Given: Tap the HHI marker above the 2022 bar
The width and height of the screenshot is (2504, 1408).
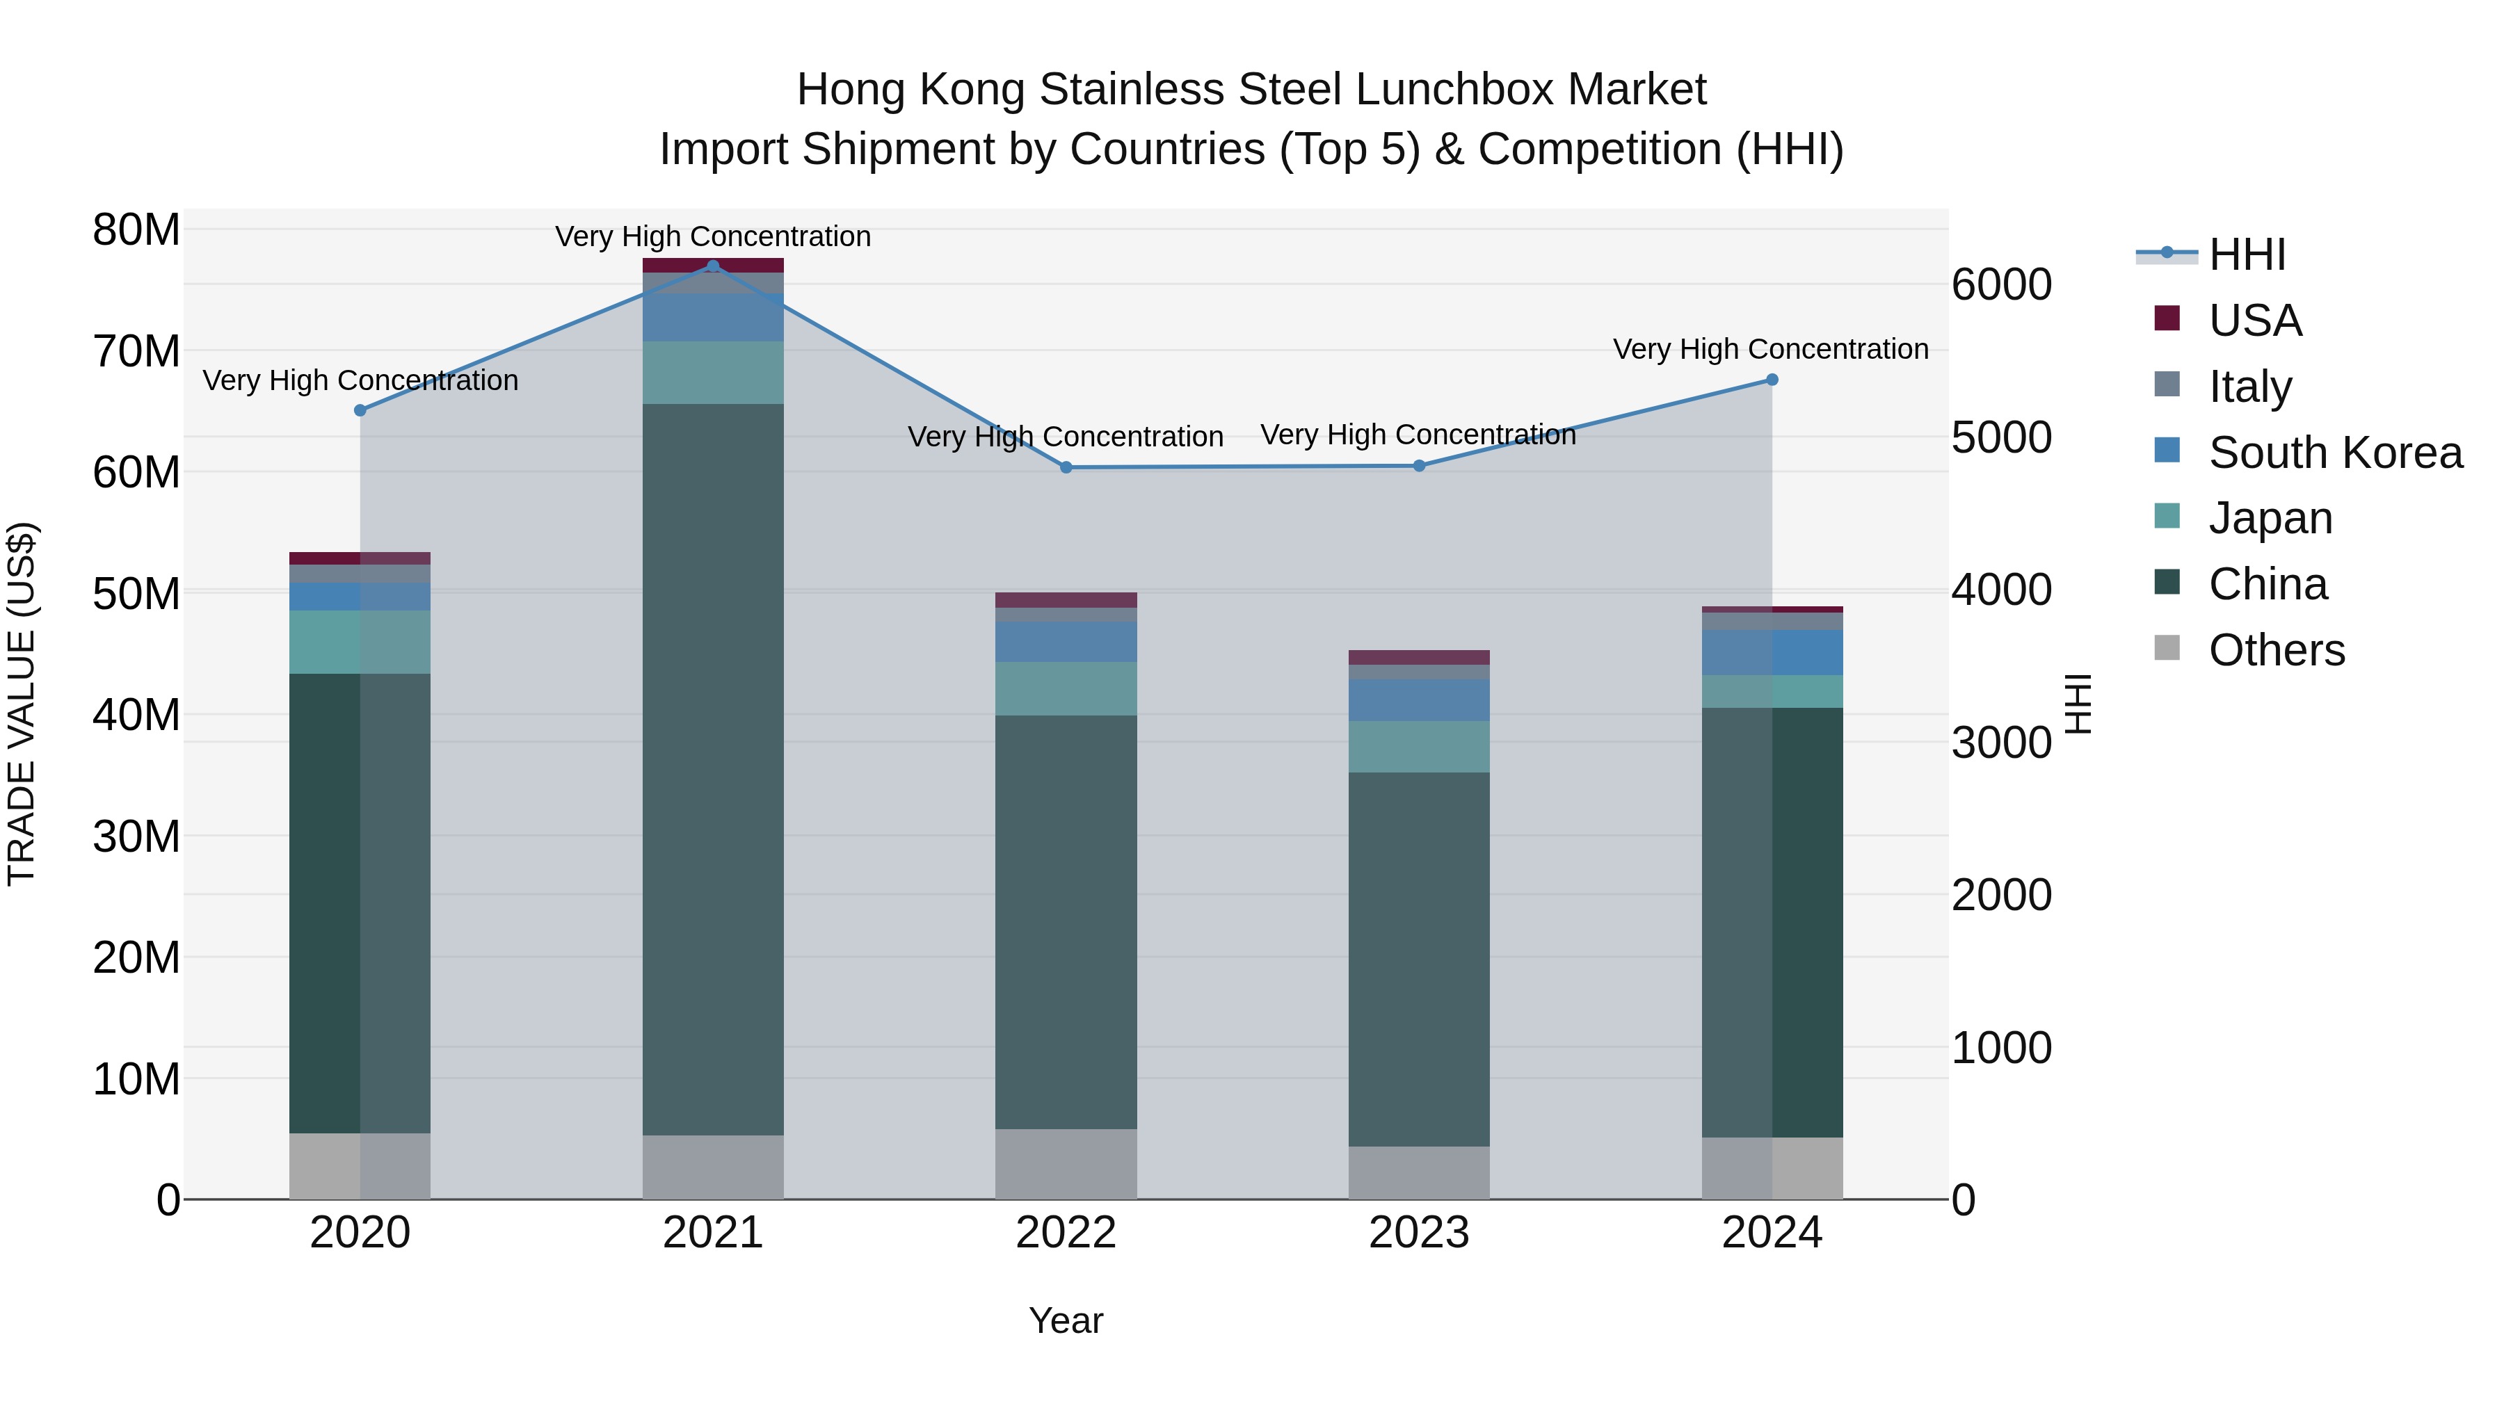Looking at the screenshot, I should [1066, 467].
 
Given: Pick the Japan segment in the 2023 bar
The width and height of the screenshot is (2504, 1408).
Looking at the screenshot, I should [1418, 746].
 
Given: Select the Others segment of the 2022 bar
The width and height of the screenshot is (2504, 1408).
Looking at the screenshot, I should [1066, 1163].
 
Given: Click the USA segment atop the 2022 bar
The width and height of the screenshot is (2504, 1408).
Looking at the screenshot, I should [1066, 599].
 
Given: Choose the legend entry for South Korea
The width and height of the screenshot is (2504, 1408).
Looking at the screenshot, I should [2335, 453].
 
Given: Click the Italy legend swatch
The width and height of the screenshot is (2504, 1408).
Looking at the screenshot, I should [2167, 385].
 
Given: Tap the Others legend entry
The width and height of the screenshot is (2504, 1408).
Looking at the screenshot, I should [2276, 650].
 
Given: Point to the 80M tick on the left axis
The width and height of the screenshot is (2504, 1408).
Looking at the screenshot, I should [136, 232].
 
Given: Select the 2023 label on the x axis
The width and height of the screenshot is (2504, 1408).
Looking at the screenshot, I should [1418, 1233].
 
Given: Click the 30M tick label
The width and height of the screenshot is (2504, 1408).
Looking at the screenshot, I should [136, 836].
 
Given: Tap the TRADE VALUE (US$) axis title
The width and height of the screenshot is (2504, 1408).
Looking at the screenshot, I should [22, 704].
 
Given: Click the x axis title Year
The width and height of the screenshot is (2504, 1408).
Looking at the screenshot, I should [1066, 1320].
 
